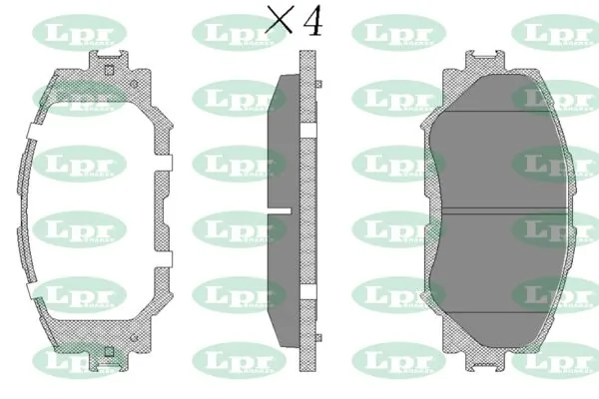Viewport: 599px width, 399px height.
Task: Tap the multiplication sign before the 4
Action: coord(279,22)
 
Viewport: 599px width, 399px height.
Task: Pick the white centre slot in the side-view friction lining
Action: coord(277,210)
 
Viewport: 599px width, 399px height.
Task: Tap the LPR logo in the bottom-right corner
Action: coord(555,361)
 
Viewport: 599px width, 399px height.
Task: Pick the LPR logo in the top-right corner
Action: coord(555,33)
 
